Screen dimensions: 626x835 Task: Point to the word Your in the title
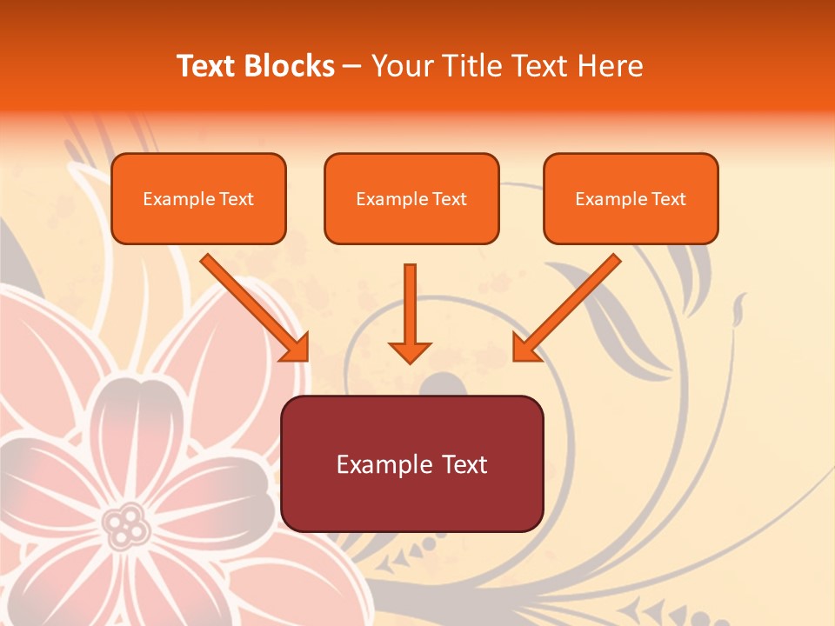point(398,66)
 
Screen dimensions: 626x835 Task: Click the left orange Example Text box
point(198,199)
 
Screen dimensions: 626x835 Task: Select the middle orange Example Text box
point(411,199)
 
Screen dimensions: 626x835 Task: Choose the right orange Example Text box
point(631,199)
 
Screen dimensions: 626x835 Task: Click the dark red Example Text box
point(411,463)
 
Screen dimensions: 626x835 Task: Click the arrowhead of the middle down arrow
point(410,351)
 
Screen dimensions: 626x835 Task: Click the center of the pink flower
point(127,524)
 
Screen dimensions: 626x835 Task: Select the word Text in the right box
point(669,199)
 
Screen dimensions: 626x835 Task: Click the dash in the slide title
point(352,66)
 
